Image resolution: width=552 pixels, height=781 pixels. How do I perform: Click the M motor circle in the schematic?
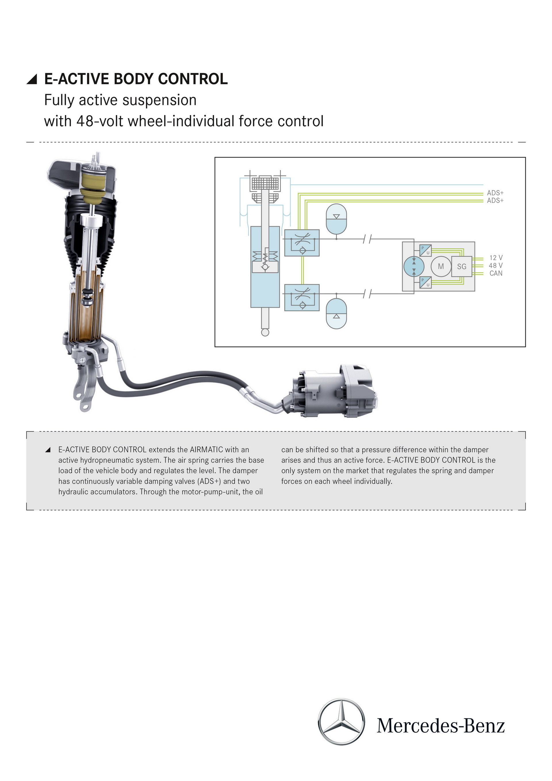pos(441,266)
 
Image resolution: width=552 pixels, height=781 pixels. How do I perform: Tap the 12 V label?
pos(496,258)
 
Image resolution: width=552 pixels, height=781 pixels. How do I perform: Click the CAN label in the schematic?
pos(496,273)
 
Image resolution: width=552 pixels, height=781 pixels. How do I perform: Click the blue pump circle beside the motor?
pos(414,266)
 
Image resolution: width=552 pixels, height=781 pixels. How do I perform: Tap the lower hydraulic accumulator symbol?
pos(336,313)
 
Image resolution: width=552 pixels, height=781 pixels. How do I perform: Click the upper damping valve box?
pos(302,243)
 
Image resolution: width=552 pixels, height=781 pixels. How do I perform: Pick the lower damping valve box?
pos(302,297)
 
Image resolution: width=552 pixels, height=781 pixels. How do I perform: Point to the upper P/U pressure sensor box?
pos(425,250)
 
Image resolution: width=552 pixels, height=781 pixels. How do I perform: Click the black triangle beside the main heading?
pos(32,79)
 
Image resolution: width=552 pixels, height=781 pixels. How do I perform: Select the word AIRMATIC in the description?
pos(206,450)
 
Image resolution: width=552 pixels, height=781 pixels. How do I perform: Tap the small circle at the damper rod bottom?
pos(265,332)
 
